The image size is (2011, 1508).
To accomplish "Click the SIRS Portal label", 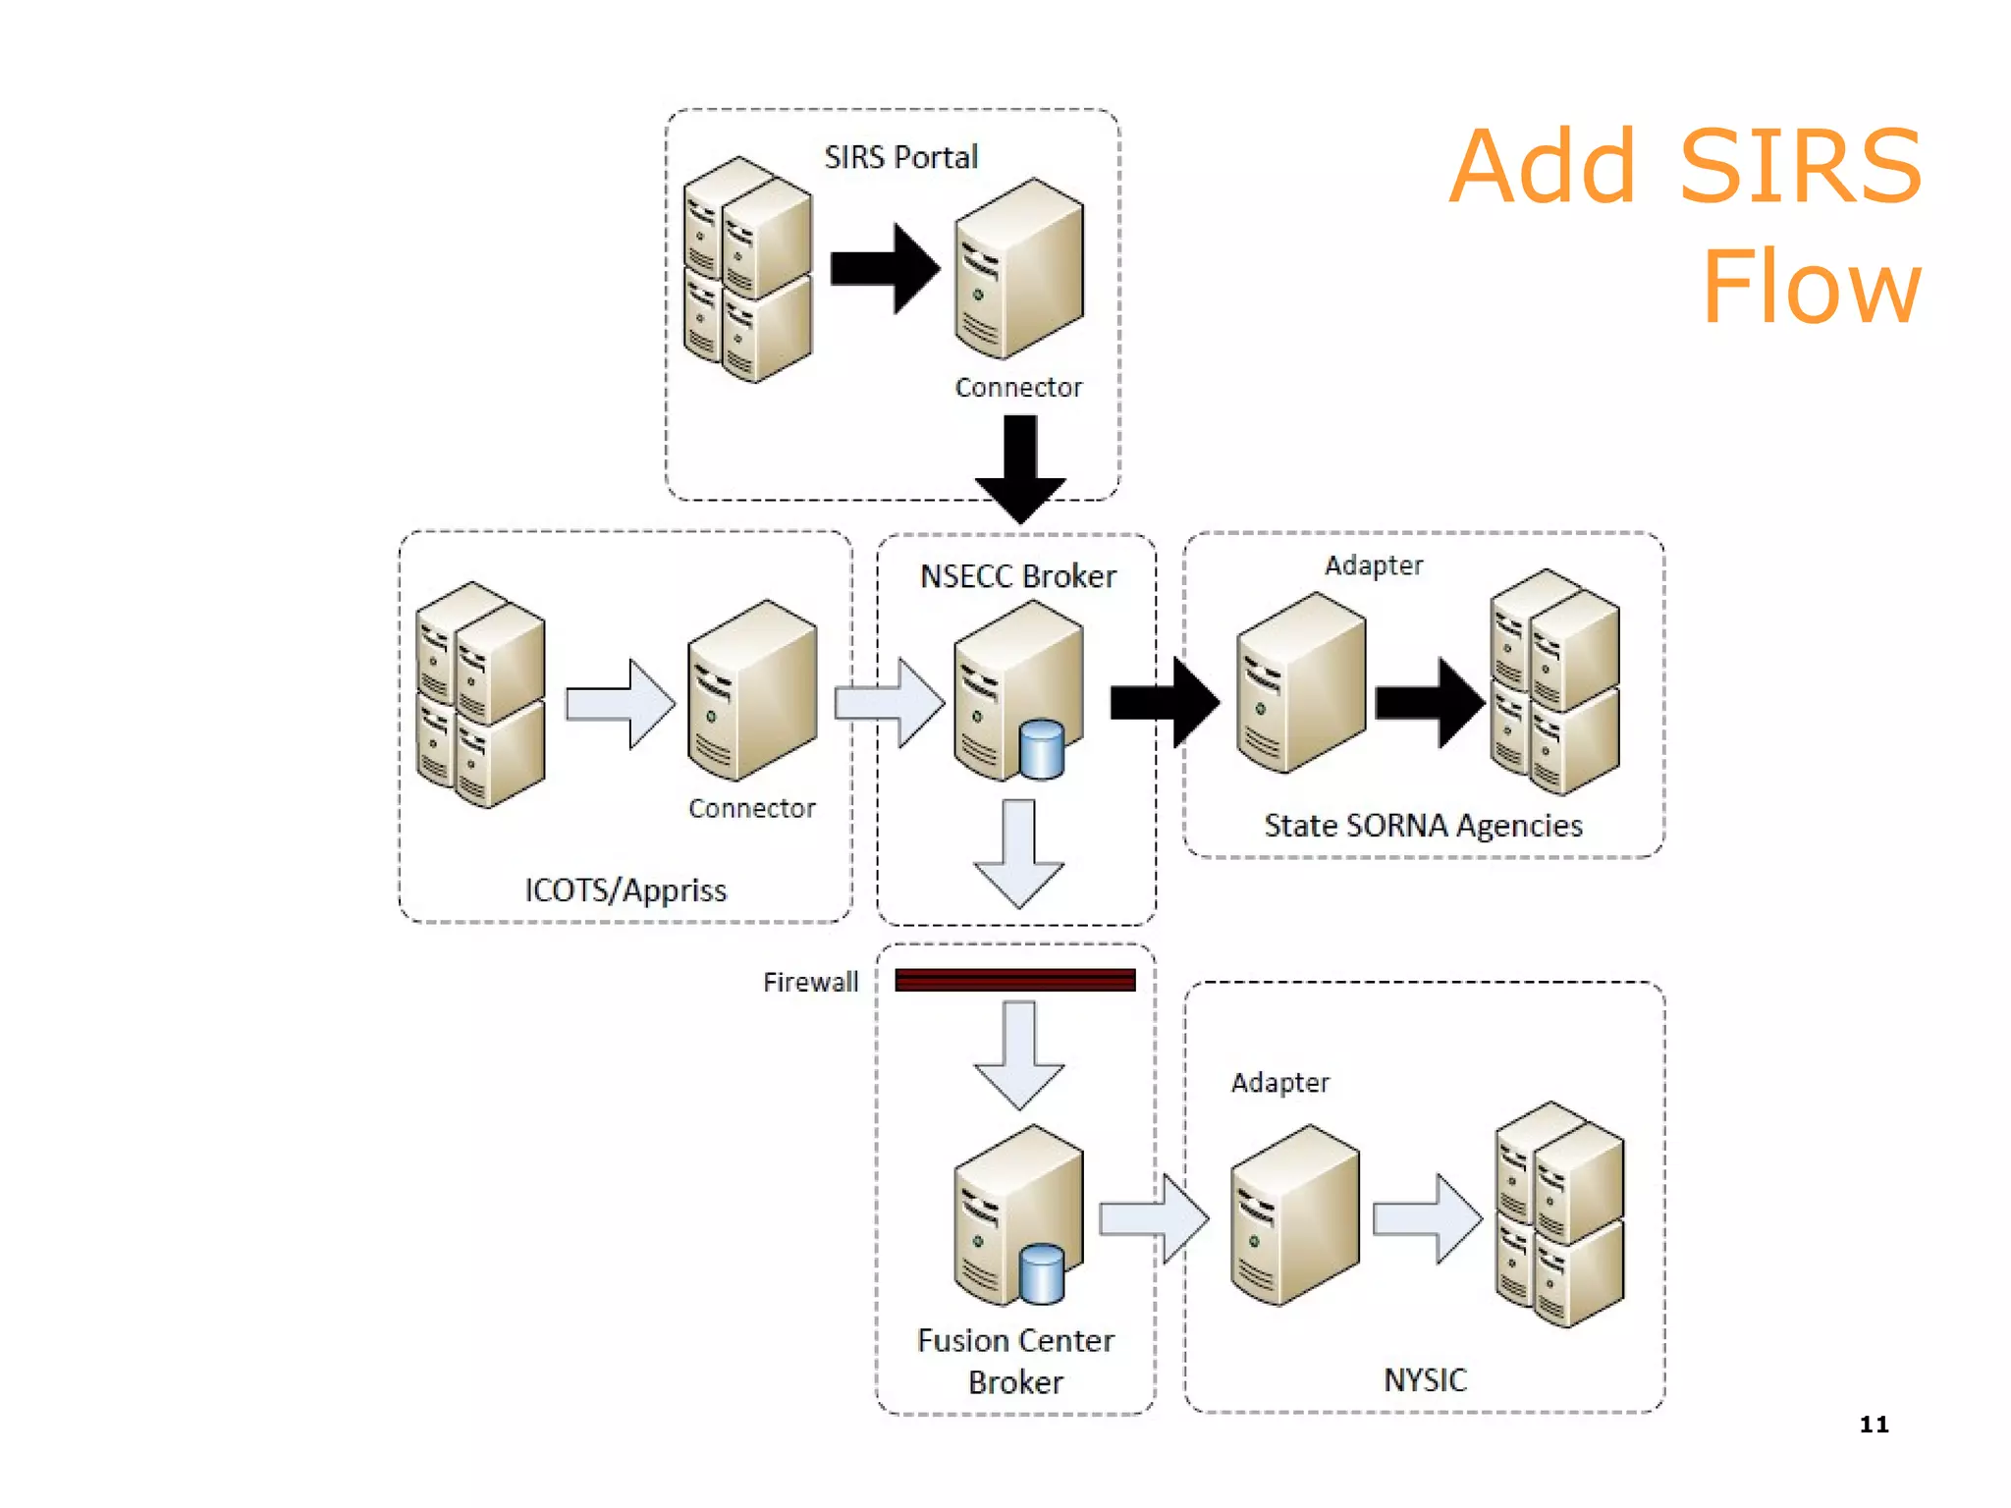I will [x=900, y=157].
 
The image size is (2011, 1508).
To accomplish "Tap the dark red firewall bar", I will [x=1015, y=980].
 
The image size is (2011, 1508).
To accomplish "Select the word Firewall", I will [x=810, y=982].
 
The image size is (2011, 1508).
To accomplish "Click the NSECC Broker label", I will [x=1017, y=576].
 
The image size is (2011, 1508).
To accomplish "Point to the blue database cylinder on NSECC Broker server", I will [x=1041, y=750].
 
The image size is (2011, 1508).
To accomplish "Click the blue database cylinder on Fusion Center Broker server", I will [x=1041, y=1273].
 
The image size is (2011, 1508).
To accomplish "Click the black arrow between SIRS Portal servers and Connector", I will [x=885, y=268].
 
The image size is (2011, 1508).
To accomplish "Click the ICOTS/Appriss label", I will [x=625, y=890].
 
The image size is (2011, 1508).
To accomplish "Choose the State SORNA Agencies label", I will [x=1423, y=826].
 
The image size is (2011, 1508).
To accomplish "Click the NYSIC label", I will [x=1425, y=1379].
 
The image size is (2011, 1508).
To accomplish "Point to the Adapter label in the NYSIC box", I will [x=1279, y=1083].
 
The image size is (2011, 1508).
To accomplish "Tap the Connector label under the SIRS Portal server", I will [x=1018, y=388].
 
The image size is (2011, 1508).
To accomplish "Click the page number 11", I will [x=1874, y=1425].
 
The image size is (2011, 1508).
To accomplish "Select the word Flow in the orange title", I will [x=1811, y=287].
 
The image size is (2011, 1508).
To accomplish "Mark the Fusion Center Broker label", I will [x=1015, y=1361].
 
